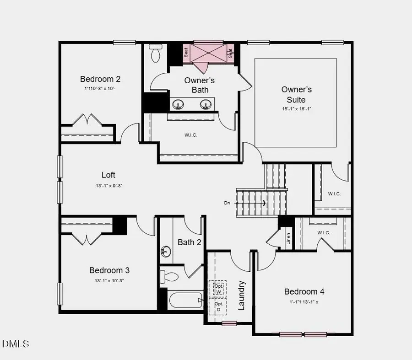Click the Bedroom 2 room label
(x=100, y=79)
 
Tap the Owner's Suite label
(x=297, y=95)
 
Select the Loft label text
(x=108, y=175)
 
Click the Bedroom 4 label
(x=304, y=291)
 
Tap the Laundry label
(x=242, y=296)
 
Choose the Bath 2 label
(x=190, y=242)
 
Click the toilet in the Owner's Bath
(x=156, y=54)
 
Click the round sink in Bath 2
(x=166, y=251)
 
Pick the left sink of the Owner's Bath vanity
(x=178, y=105)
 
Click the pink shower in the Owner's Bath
(x=209, y=53)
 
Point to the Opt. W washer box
(x=218, y=288)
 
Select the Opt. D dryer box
(x=218, y=306)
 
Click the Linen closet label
(x=288, y=239)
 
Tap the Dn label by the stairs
(x=227, y=203)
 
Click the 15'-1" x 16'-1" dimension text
(x=297, y=109)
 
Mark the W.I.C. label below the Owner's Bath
(x=191, y=135)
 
